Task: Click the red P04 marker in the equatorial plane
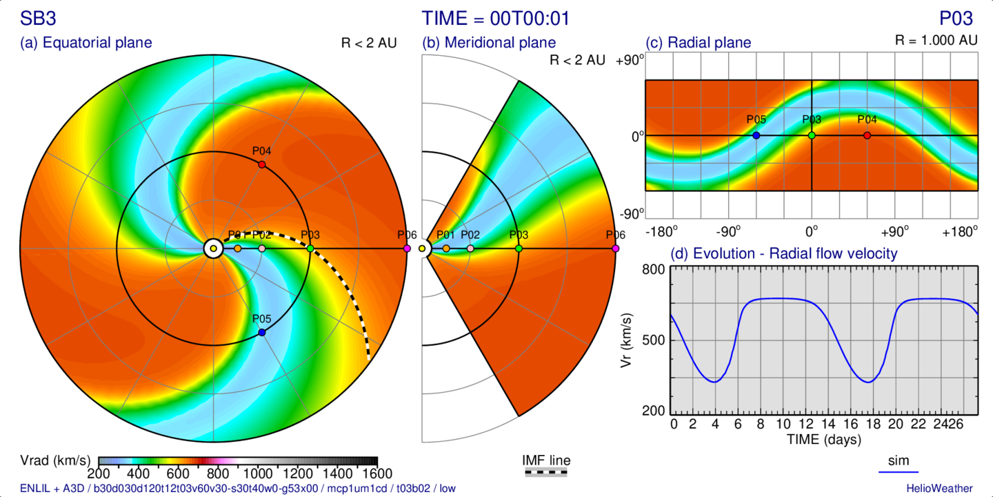(261, 164)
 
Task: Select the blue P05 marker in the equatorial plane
(261, 333)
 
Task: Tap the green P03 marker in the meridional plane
(519, 248)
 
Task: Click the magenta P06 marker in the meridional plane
(615, 248)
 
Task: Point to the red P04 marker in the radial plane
(867, 135)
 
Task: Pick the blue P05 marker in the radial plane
(756, 135)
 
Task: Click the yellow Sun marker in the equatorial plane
(213, 248)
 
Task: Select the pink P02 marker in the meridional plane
(470, 248)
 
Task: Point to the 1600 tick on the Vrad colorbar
(377, 474)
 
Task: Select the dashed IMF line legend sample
(546, 473)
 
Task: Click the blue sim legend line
(899, 472)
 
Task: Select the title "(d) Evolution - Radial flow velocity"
(784, 254)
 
